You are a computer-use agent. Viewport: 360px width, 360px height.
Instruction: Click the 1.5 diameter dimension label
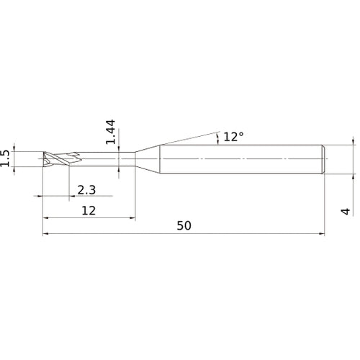(x=6, y=158)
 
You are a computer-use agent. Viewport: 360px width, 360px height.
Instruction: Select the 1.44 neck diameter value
(x=110, y=132)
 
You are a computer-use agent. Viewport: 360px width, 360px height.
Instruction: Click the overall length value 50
(x=184, y=225)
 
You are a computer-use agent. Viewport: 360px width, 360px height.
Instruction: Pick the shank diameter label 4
(x=346, y=211)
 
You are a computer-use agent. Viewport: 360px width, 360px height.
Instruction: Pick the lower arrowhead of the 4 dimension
(x=353, y=174)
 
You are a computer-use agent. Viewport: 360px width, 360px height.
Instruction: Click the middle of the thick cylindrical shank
(x=241, y=158)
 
